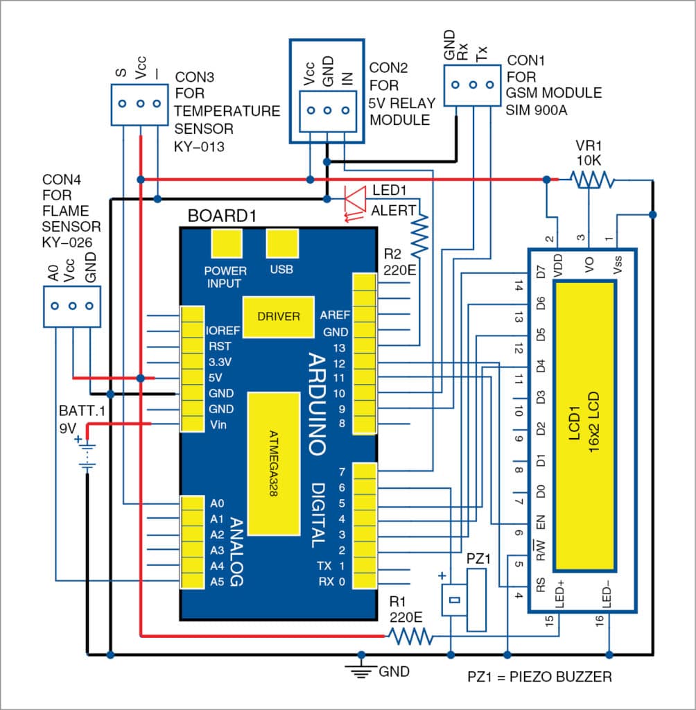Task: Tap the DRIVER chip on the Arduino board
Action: click(x=279, y=317)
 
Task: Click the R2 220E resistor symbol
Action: click(x=420, y=235)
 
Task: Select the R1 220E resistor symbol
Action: click(x=410, y=635)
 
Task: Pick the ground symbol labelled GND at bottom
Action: click(x=360, y=667)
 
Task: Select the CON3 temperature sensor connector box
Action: click(x=139, y=104)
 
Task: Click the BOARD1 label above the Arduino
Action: click(x=222, y=216)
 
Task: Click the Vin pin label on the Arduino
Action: click(x=216, y=424)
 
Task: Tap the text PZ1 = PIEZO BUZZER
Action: click(x=541, y=677)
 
